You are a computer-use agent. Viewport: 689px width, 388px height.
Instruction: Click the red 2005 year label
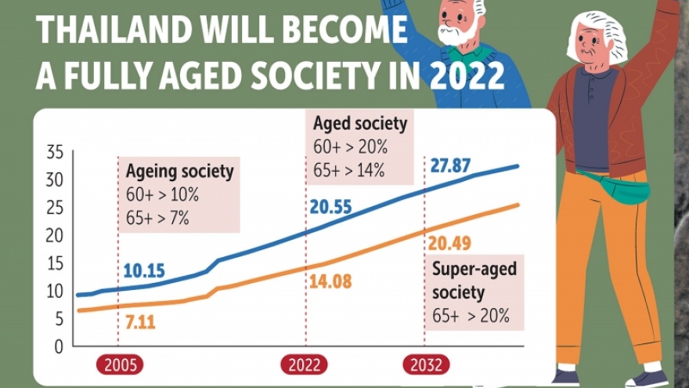pos(121,365)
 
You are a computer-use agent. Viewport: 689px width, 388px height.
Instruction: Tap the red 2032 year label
pos(426,365)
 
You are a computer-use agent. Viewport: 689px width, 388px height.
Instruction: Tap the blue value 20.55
pos(330,207)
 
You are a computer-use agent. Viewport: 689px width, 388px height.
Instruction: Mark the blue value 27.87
pos(451,166)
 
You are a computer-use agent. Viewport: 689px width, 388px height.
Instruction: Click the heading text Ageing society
pos(179,171)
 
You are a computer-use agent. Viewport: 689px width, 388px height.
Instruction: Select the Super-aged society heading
pos(474,281)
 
